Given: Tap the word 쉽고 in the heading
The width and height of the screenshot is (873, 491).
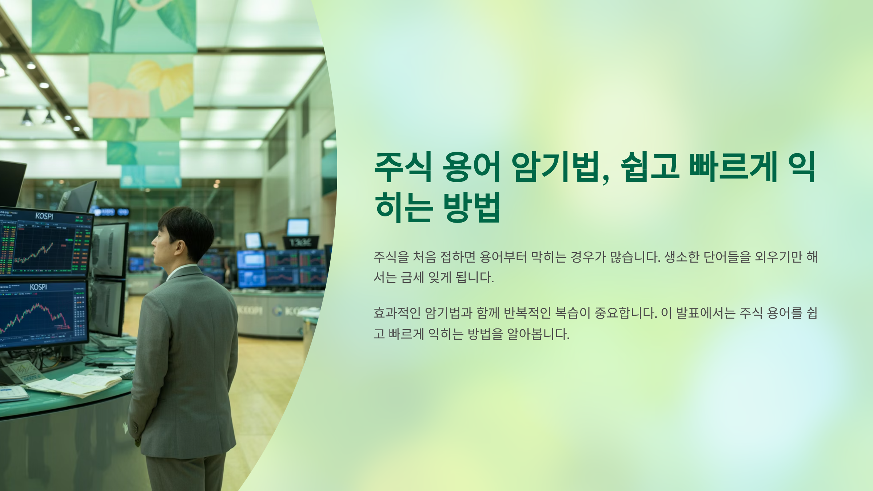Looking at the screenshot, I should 650,167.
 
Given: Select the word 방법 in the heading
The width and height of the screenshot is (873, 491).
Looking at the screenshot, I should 472,207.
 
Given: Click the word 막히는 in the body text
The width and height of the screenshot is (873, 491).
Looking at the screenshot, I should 549,257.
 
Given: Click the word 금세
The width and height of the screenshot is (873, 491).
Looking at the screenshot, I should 412,278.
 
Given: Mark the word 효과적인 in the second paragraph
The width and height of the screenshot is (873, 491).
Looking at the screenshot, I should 397,313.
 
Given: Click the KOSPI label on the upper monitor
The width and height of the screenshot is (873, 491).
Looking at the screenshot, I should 44,216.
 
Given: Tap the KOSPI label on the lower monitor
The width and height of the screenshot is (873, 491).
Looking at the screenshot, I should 38,287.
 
